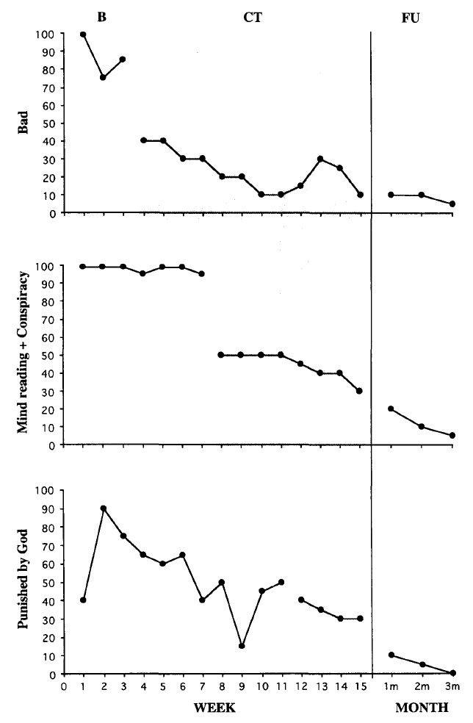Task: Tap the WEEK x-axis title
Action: [x=216, y=708]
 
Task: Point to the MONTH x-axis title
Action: [x=422, y=708]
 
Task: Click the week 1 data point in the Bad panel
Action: [x=83, y=35]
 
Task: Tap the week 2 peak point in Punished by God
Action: [x=103, y=508]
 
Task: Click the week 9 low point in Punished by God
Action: [x=242, y=646]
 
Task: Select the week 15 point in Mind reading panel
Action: [x=360, y=391]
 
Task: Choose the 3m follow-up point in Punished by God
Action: [x=452, y=673]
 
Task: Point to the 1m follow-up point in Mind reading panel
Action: [x=391, y=409]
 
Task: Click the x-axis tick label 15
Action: [x=359, y=688]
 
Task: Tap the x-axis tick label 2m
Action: [x=422, y=688]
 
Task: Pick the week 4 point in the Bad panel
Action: [x=142, y=141]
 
